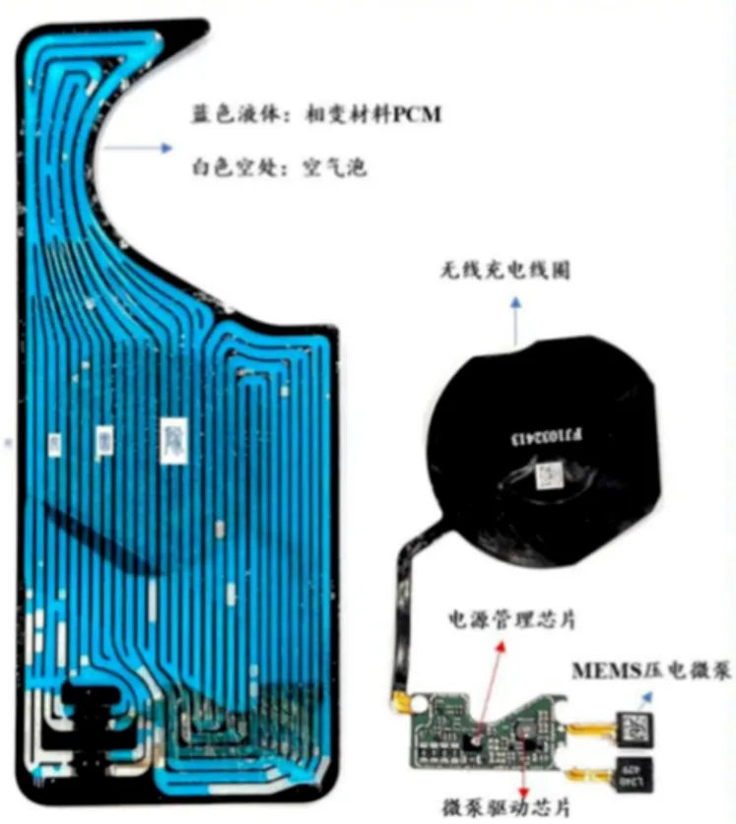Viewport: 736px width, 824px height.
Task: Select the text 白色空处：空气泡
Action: click(279, 168)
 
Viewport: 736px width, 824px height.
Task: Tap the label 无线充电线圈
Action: click(504, 268)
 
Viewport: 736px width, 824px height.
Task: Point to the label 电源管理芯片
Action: click(511, 619)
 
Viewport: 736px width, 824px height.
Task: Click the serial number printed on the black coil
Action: click(549, 438)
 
